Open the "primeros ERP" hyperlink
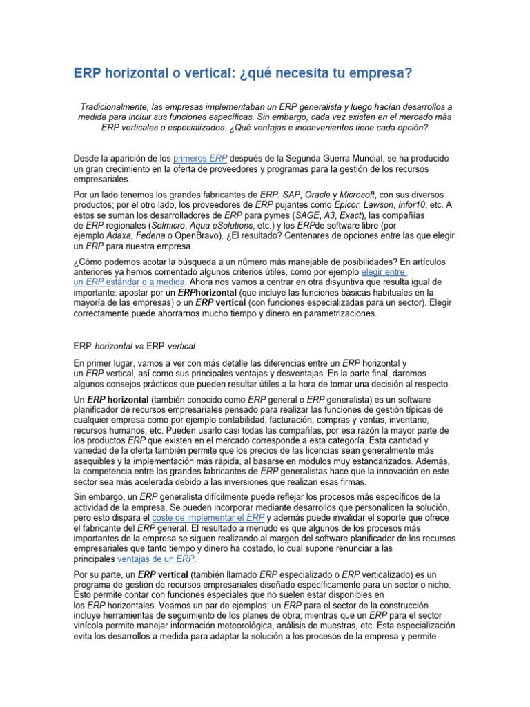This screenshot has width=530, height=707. coord(201,158)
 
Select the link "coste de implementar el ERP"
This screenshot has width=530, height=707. coord(208,517)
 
